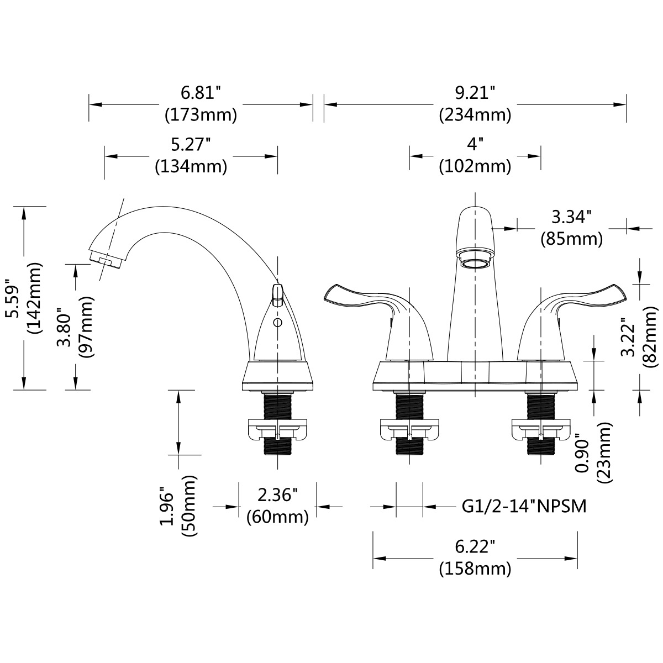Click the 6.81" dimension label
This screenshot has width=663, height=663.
pos(201,93)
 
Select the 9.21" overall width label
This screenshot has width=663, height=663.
pos(475,93)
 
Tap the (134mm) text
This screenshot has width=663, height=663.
pos(191,167)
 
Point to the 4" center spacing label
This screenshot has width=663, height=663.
pos(475,145)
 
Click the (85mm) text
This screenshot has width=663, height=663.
pos(571,239)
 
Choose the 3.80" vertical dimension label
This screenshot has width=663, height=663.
pos(64,327)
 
